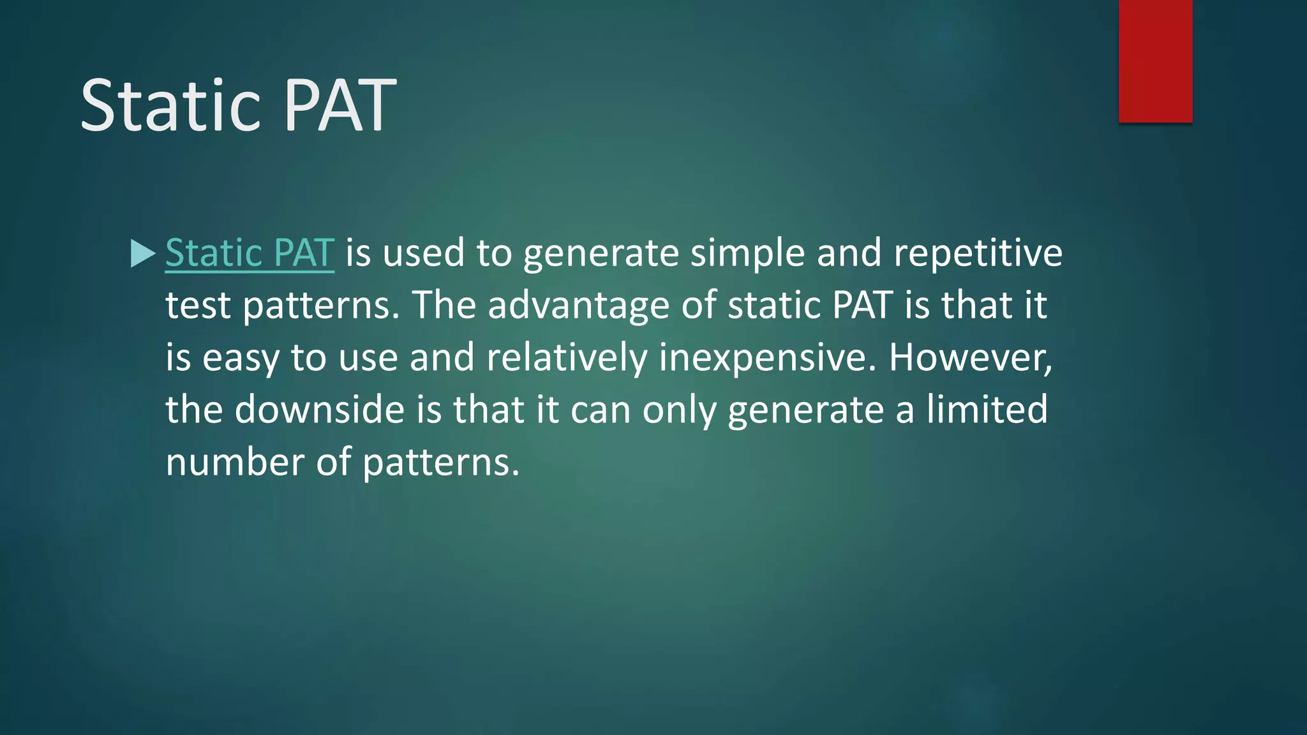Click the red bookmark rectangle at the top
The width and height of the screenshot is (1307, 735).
point(1155,61)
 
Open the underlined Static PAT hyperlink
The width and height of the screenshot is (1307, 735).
point(250,253)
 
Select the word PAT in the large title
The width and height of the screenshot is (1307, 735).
point(340,105)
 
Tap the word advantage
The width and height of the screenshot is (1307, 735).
point(578,306)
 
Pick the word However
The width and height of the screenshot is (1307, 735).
point(970,357)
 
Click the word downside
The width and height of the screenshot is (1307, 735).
point(320,410)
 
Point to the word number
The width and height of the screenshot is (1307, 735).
point(235,462)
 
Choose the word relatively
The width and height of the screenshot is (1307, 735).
point(567,357)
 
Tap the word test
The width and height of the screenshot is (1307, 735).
point(198,306)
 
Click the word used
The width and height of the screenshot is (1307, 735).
point(423,253)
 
